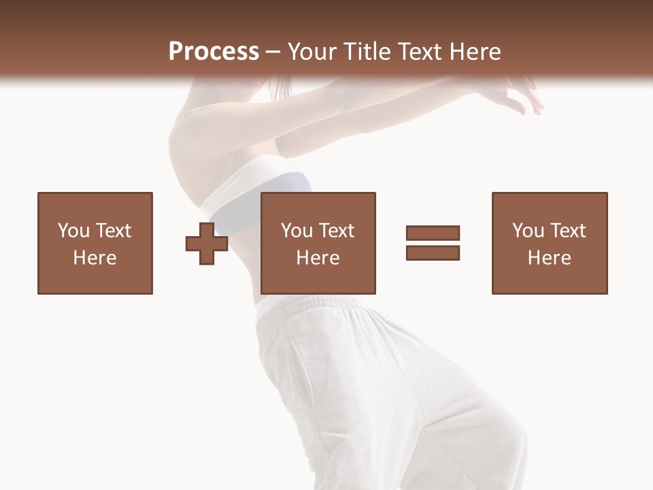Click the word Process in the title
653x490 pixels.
click(x=214, y=52)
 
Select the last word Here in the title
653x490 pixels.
click(x=475, y=52)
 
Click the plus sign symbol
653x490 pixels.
click(x=207, y=243)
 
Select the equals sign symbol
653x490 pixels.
click(x=433, y=243)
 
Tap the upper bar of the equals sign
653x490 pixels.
click(x=433, y=233)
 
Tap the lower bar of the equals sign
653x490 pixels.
click(x=433, y=253)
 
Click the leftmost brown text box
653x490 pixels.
click(x=95, y=243)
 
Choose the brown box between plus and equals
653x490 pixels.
click(x=318, y=243)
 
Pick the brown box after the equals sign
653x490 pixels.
click(x=550, y=243)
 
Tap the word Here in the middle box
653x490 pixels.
click(x=318, y=258)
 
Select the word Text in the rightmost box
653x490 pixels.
click(x=568, y=231)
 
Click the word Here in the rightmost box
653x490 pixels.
click(x=550, y=258)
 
